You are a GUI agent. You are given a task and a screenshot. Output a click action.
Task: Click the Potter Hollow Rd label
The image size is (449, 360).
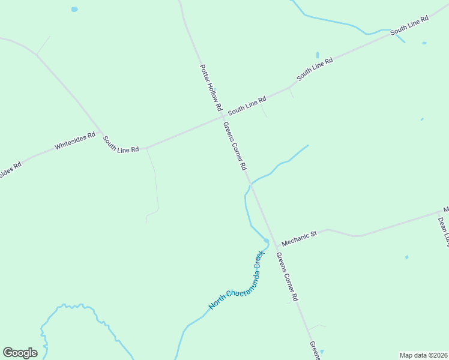(211, 88)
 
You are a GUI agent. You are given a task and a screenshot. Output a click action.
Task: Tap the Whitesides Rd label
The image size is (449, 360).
(75, 141)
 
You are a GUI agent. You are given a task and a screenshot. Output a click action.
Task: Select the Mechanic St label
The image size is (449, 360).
(299, 236)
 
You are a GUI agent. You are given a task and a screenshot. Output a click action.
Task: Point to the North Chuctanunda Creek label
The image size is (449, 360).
(237, 280)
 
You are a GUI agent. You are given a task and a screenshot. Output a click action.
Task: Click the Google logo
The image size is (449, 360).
(20, 353)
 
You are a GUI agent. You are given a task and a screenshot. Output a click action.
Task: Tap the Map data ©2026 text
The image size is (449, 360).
(423, 355)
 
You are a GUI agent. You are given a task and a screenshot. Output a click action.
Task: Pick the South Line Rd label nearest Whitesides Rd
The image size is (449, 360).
(121, 144)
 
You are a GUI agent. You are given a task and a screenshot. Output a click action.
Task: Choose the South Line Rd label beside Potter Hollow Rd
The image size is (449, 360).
(247, 106)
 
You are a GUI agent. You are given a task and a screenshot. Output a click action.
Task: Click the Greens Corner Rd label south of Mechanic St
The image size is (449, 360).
(287, 277)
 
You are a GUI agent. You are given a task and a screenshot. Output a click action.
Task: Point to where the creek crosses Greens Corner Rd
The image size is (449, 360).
(251, 185)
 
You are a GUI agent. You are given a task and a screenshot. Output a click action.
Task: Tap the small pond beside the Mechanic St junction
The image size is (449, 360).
(266, 241)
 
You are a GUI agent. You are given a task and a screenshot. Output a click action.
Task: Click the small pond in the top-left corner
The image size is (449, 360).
(74, 10)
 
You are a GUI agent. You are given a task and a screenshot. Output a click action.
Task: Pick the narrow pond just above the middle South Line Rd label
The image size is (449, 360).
(318, 55)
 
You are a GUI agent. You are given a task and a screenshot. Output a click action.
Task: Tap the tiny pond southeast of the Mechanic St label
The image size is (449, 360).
(407, 257)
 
